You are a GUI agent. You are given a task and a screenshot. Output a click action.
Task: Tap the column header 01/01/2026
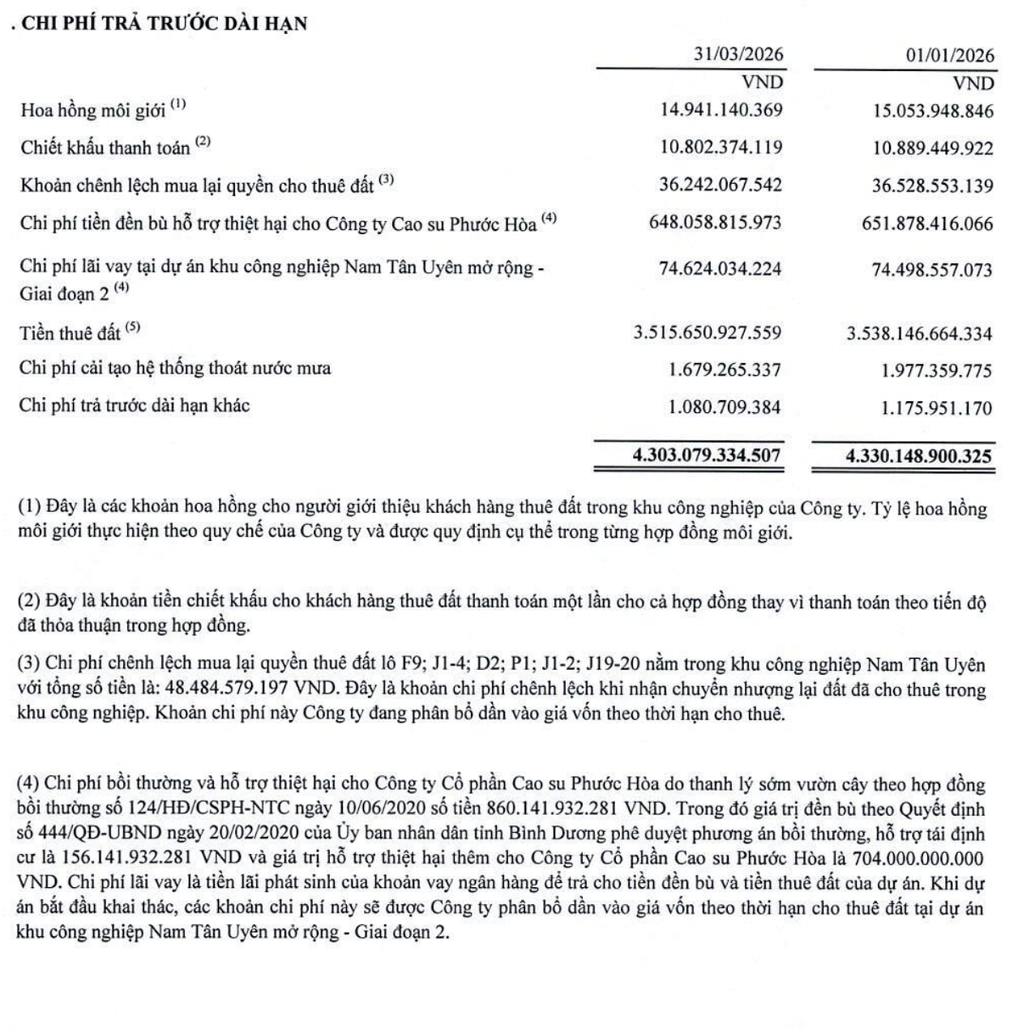coord(948,55)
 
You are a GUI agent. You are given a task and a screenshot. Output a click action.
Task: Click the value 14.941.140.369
coord(720,110)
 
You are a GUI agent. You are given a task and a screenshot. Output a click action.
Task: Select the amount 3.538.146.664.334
coord(919,333)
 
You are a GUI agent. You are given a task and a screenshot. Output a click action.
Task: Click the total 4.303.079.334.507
coord(707,455)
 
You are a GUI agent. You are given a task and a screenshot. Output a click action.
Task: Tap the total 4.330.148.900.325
coord(919,455)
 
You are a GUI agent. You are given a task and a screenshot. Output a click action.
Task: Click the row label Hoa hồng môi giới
coord(93,110)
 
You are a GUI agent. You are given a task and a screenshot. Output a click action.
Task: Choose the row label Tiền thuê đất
coord(70,332)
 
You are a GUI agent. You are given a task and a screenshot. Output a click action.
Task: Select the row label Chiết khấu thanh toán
coord(106,148)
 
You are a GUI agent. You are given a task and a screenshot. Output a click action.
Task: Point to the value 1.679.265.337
coord(724,370)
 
